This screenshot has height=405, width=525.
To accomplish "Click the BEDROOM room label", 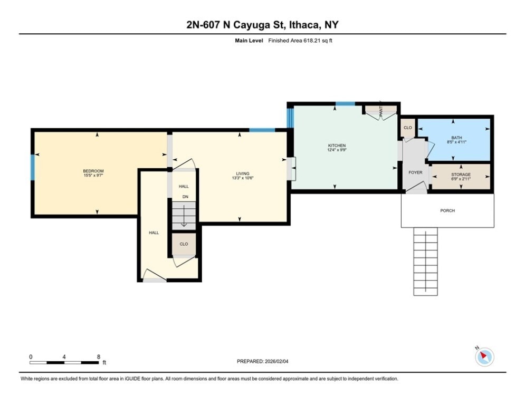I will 93,171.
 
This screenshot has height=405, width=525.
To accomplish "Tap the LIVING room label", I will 242,173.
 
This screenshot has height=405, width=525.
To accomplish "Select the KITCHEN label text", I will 337,146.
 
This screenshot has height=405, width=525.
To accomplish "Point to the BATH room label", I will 456,138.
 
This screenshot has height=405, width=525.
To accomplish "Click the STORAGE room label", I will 461,175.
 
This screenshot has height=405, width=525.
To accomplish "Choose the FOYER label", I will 416,172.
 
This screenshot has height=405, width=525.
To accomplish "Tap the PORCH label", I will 447,210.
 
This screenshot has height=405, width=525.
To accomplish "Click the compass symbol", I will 484,357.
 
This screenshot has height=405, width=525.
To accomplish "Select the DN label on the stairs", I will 185,197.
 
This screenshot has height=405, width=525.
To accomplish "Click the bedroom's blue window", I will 33,167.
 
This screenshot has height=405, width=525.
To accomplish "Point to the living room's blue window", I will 262,130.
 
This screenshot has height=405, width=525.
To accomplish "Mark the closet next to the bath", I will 407,128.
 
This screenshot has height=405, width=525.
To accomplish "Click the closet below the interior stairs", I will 184,244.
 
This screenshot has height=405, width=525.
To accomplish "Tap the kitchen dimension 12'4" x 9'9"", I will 337,150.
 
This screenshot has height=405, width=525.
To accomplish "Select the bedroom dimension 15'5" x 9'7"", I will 93,176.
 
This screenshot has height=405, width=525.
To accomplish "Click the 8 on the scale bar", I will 99,357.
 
